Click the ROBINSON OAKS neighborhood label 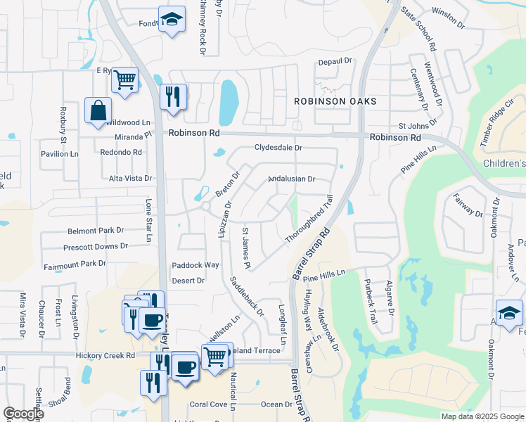[335, 101]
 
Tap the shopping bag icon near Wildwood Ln [98, 111]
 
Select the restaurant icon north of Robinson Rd [172, 96]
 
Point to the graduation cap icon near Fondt [171, 20]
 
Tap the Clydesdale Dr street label [278, 148]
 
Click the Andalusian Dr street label [292, 179]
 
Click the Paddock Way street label [195, 265]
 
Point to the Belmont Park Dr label [95, 231]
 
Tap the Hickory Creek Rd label [105, 356]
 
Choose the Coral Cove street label [208, 404]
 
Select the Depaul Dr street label [334, 62]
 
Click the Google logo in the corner [23, 414]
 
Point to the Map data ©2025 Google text [482, 416]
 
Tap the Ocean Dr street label [276, 404]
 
